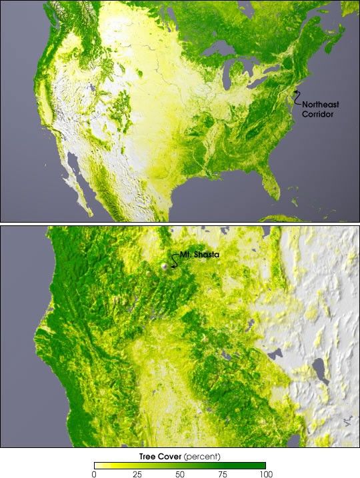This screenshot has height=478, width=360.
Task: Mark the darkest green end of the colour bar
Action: click(262, 465)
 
